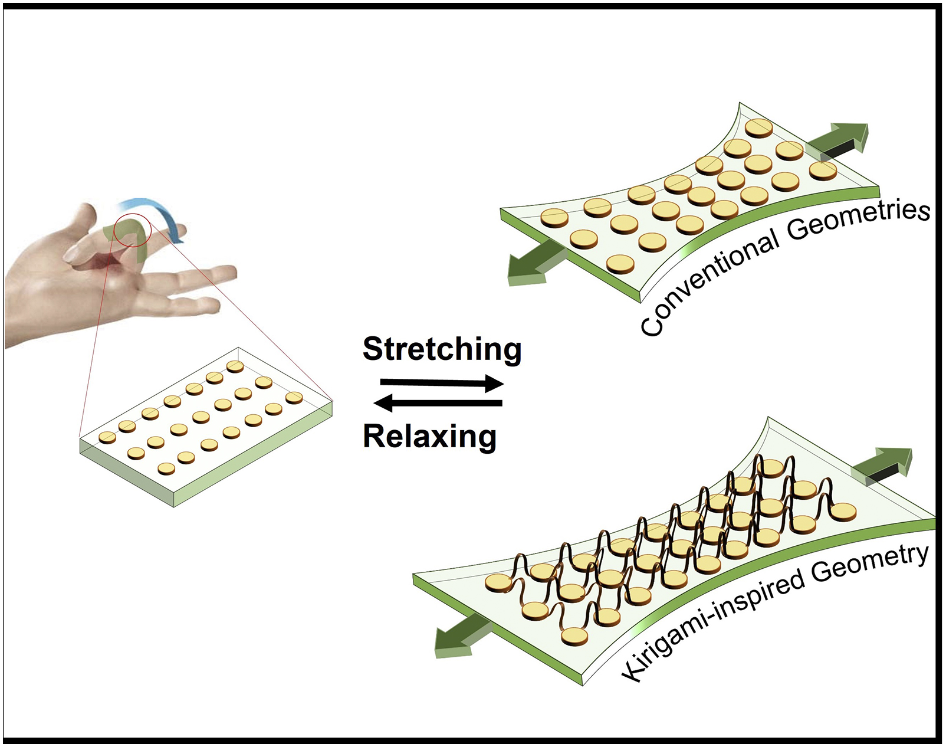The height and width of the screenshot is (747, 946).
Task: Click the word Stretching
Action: [x=442, y=349]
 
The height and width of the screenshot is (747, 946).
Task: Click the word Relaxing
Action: [x=429, y=437]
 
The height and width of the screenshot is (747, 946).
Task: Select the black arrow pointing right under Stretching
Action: [x=442, y=384]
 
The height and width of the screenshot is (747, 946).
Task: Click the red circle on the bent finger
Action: [x=133, y=230]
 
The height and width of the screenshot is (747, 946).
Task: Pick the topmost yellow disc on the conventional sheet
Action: [x=759, y=127]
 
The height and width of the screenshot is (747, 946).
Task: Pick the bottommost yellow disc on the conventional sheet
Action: [x=620, y=263]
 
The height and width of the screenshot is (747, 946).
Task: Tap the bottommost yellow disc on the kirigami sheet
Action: [x=576, y=635]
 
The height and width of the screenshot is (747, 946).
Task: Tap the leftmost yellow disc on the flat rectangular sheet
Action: [x=107, y=437]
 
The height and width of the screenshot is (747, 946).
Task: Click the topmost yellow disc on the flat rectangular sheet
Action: [x=235, y=366]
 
